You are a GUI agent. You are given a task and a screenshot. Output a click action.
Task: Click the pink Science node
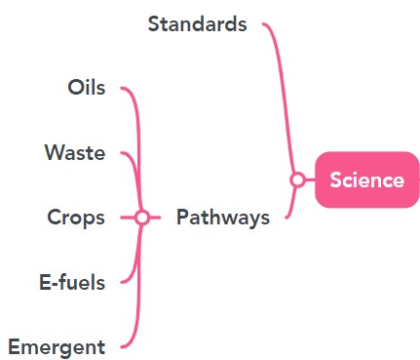(x=366, y=180)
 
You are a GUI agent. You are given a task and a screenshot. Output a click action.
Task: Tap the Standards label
(x=197, y=23)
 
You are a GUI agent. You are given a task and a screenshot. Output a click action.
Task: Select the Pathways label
(x=222, y=218)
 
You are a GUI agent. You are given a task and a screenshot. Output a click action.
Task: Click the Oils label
(x=86, y=88)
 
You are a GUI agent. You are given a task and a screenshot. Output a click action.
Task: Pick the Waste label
(x=74, y=153)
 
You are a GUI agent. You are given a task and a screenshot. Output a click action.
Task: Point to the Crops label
(x=76, y=218)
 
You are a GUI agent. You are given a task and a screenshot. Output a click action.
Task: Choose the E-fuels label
(x=71, y=283)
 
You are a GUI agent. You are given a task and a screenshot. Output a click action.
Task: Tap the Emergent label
(x=56, y=347)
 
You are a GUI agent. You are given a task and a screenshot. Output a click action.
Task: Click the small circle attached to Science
(x=298, y=180)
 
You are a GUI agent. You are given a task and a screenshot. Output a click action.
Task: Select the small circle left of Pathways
(x=142, y=218)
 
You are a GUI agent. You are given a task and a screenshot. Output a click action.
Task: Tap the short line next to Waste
(x=128, y=155)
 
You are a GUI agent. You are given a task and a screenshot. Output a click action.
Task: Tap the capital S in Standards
(x=154, y=23)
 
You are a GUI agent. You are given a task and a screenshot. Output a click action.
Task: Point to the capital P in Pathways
(x=182, y=218)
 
